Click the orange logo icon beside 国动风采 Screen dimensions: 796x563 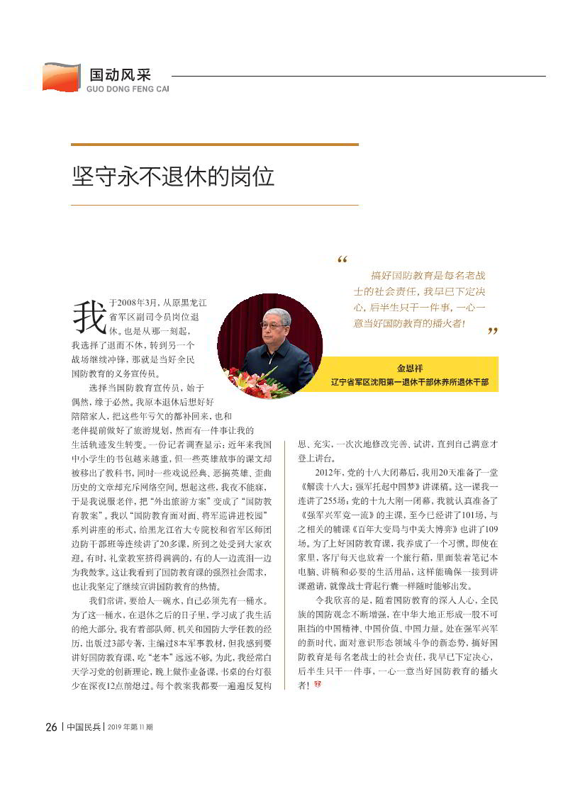pos(60,77)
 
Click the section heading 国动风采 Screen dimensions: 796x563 pos(119,75)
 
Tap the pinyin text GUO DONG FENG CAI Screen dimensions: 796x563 pos(128,90)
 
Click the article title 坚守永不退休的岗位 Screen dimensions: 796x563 pos(173,176)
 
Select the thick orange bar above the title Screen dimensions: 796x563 pos(214,145)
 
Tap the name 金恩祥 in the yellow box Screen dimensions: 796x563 pos(410,368)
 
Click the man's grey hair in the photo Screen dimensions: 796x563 pos(275,313)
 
